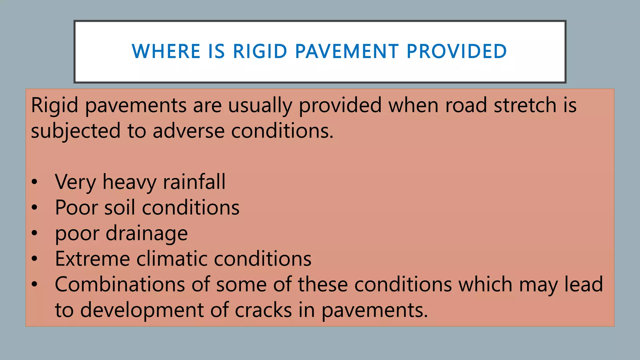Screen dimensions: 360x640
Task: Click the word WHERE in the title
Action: tap(166, 52)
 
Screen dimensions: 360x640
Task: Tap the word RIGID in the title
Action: tap(260, 52)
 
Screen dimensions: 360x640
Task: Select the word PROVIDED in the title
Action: tap(457, 52)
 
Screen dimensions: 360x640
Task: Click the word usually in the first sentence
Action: tap(260, 106)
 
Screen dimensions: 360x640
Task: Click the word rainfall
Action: tap(194, 182)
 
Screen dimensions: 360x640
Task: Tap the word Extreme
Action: tap(92, 259)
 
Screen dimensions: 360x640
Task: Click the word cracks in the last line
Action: tap(263, 310)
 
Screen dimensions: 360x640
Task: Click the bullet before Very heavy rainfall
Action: tap(34, 182)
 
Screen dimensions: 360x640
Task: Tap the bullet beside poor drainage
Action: tap(34, 233)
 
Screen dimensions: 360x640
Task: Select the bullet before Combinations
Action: tap(34, 284)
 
